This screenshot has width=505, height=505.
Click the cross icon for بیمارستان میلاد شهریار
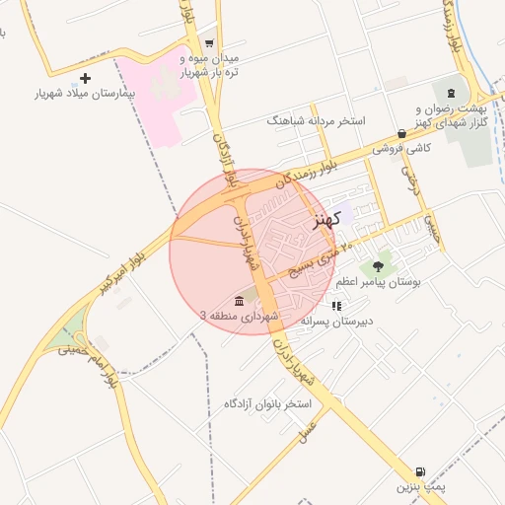[x=85, y=78]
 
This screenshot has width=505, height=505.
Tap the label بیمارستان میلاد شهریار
[x=83, y=94]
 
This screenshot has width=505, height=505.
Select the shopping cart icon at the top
[x=209, y=43]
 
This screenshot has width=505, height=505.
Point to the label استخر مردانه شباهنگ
[x=316, y=120]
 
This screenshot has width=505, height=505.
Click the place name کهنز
[x=326, y=218]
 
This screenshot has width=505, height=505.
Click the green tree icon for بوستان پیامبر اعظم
[x=379, y=266]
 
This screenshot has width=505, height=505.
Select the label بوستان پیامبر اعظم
[x=377, y=282]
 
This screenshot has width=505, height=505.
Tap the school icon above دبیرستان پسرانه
[x=336, y=306]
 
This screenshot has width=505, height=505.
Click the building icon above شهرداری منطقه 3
[x=240, y=301]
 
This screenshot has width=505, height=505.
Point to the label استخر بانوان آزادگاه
[x=267, y=404]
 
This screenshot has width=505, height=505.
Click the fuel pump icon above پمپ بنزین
[x=422, y=473]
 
